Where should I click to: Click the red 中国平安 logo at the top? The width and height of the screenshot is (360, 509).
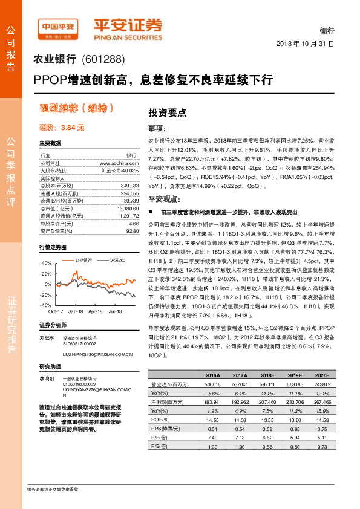58,27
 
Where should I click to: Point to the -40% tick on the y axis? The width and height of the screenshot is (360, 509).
46,305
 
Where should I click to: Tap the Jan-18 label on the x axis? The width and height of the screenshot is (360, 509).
76,311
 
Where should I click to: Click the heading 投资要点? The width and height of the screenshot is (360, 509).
167,112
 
